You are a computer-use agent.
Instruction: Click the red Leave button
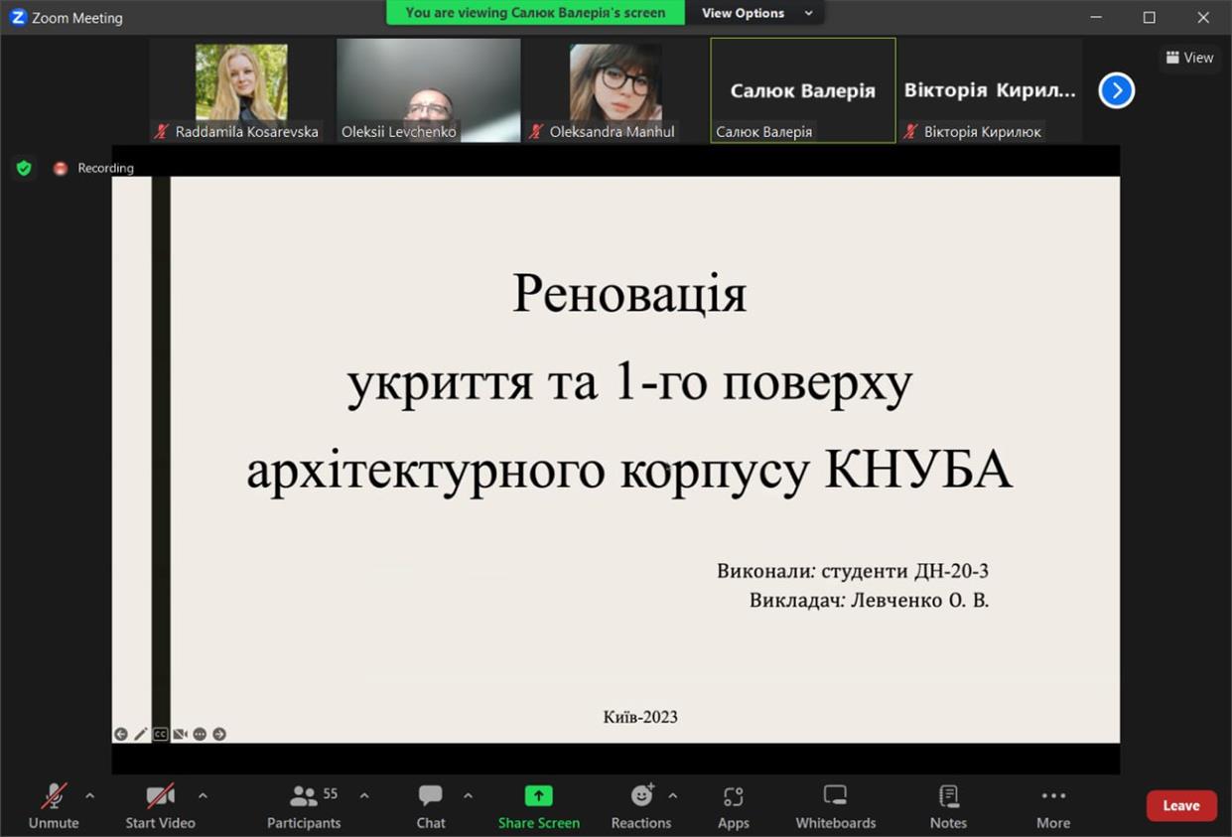(x=1180, y=805)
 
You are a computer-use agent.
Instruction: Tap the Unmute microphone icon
(x=54, y=795)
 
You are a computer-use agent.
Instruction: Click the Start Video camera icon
(x=160, y=795)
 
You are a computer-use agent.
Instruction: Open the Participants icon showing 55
(x=304, y=795)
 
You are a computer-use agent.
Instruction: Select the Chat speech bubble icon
(x=430, y=795)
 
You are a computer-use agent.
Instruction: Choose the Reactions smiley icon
(x=642, y=794)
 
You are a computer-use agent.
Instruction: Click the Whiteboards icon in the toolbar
(x=835, y=795)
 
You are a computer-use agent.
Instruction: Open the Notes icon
(x=949, y=795)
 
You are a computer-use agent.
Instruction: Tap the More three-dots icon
(x=1053, y=795)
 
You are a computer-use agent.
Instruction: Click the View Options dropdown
(x=756, y=13)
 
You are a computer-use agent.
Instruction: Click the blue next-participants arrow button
(x=1117, y=90)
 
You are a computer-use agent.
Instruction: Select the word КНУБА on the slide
(x=918, y=469)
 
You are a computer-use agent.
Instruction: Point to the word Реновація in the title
(x=629, y=294)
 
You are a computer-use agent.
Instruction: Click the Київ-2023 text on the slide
(x=640, y=717)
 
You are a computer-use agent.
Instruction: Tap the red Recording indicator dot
(x=60, y=168)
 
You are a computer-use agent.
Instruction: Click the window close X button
(x=1203, y=17)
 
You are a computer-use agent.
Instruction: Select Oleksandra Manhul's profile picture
(x=616, y=82)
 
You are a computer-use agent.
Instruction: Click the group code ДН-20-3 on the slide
(x=951, y=571)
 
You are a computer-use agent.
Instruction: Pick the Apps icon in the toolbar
(x=734, y=795)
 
